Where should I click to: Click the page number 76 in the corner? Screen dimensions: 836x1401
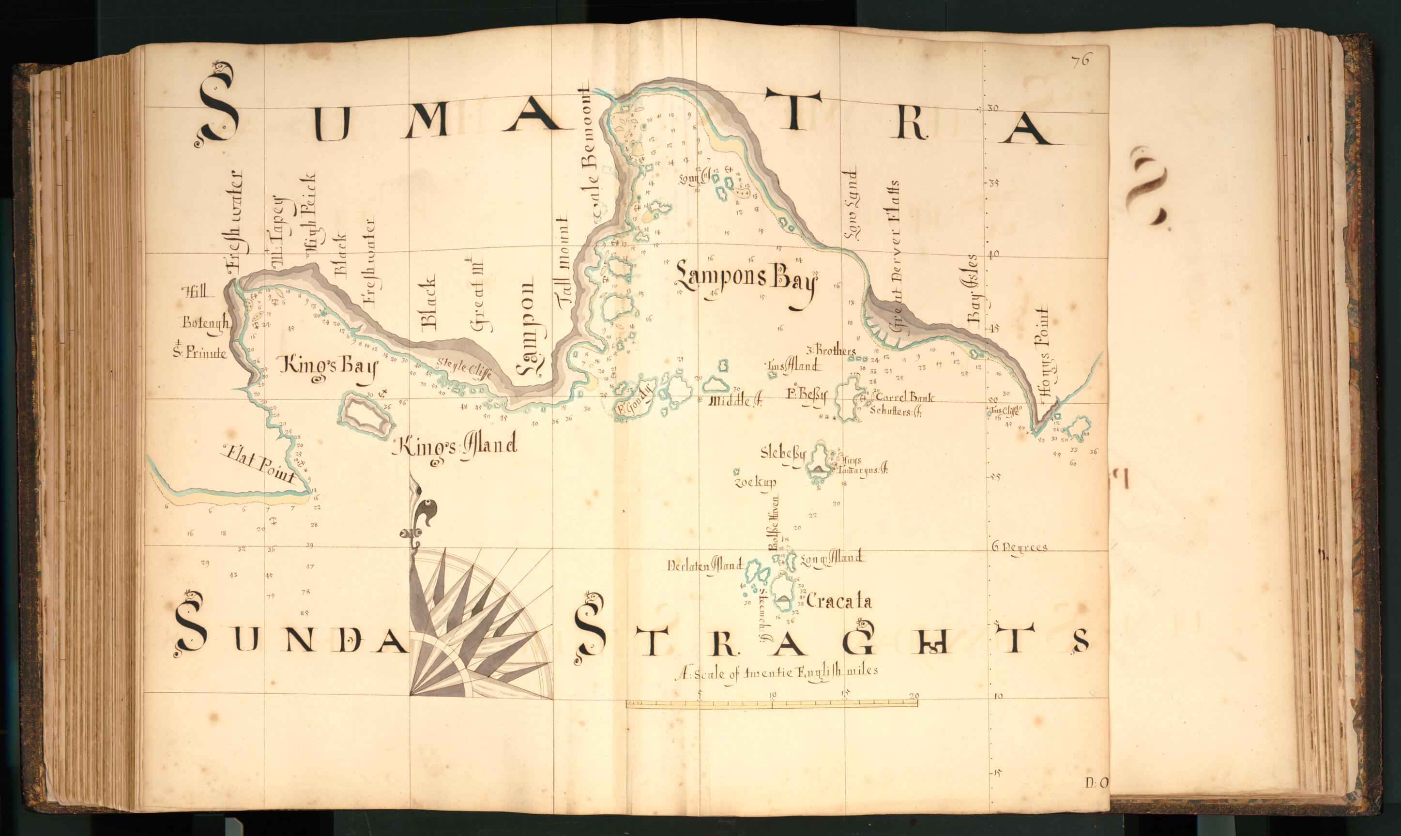point(1081,60)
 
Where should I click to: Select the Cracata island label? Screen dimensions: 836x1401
point(839,602)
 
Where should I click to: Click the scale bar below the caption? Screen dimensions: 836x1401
point(771,703)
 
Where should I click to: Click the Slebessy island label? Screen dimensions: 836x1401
point(783,453)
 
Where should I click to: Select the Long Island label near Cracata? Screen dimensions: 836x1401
point(831,558)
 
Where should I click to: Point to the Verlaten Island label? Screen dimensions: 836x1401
point(704,565)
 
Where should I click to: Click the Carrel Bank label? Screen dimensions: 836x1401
point(905,397)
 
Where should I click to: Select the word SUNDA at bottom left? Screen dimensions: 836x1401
point(290,641)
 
